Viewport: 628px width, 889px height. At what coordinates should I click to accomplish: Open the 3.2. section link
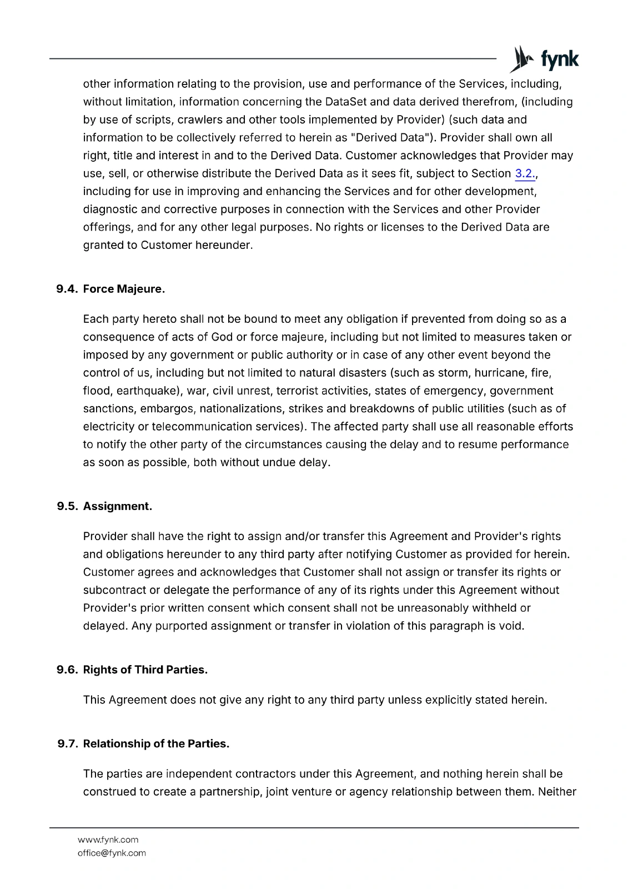525,174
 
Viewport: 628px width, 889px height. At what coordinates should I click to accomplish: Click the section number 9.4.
67,289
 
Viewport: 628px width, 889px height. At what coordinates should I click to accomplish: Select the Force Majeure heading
124,289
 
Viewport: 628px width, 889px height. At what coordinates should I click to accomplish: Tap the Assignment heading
117,507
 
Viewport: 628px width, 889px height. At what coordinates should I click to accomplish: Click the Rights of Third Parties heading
145,670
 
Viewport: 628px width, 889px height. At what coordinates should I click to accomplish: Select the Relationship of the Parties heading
156,744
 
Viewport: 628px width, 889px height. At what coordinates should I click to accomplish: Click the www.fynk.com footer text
108,840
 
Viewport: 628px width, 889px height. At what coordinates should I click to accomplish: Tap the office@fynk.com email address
112,853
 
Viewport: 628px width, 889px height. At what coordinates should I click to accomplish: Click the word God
222,337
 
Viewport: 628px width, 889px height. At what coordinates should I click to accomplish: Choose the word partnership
229,792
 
